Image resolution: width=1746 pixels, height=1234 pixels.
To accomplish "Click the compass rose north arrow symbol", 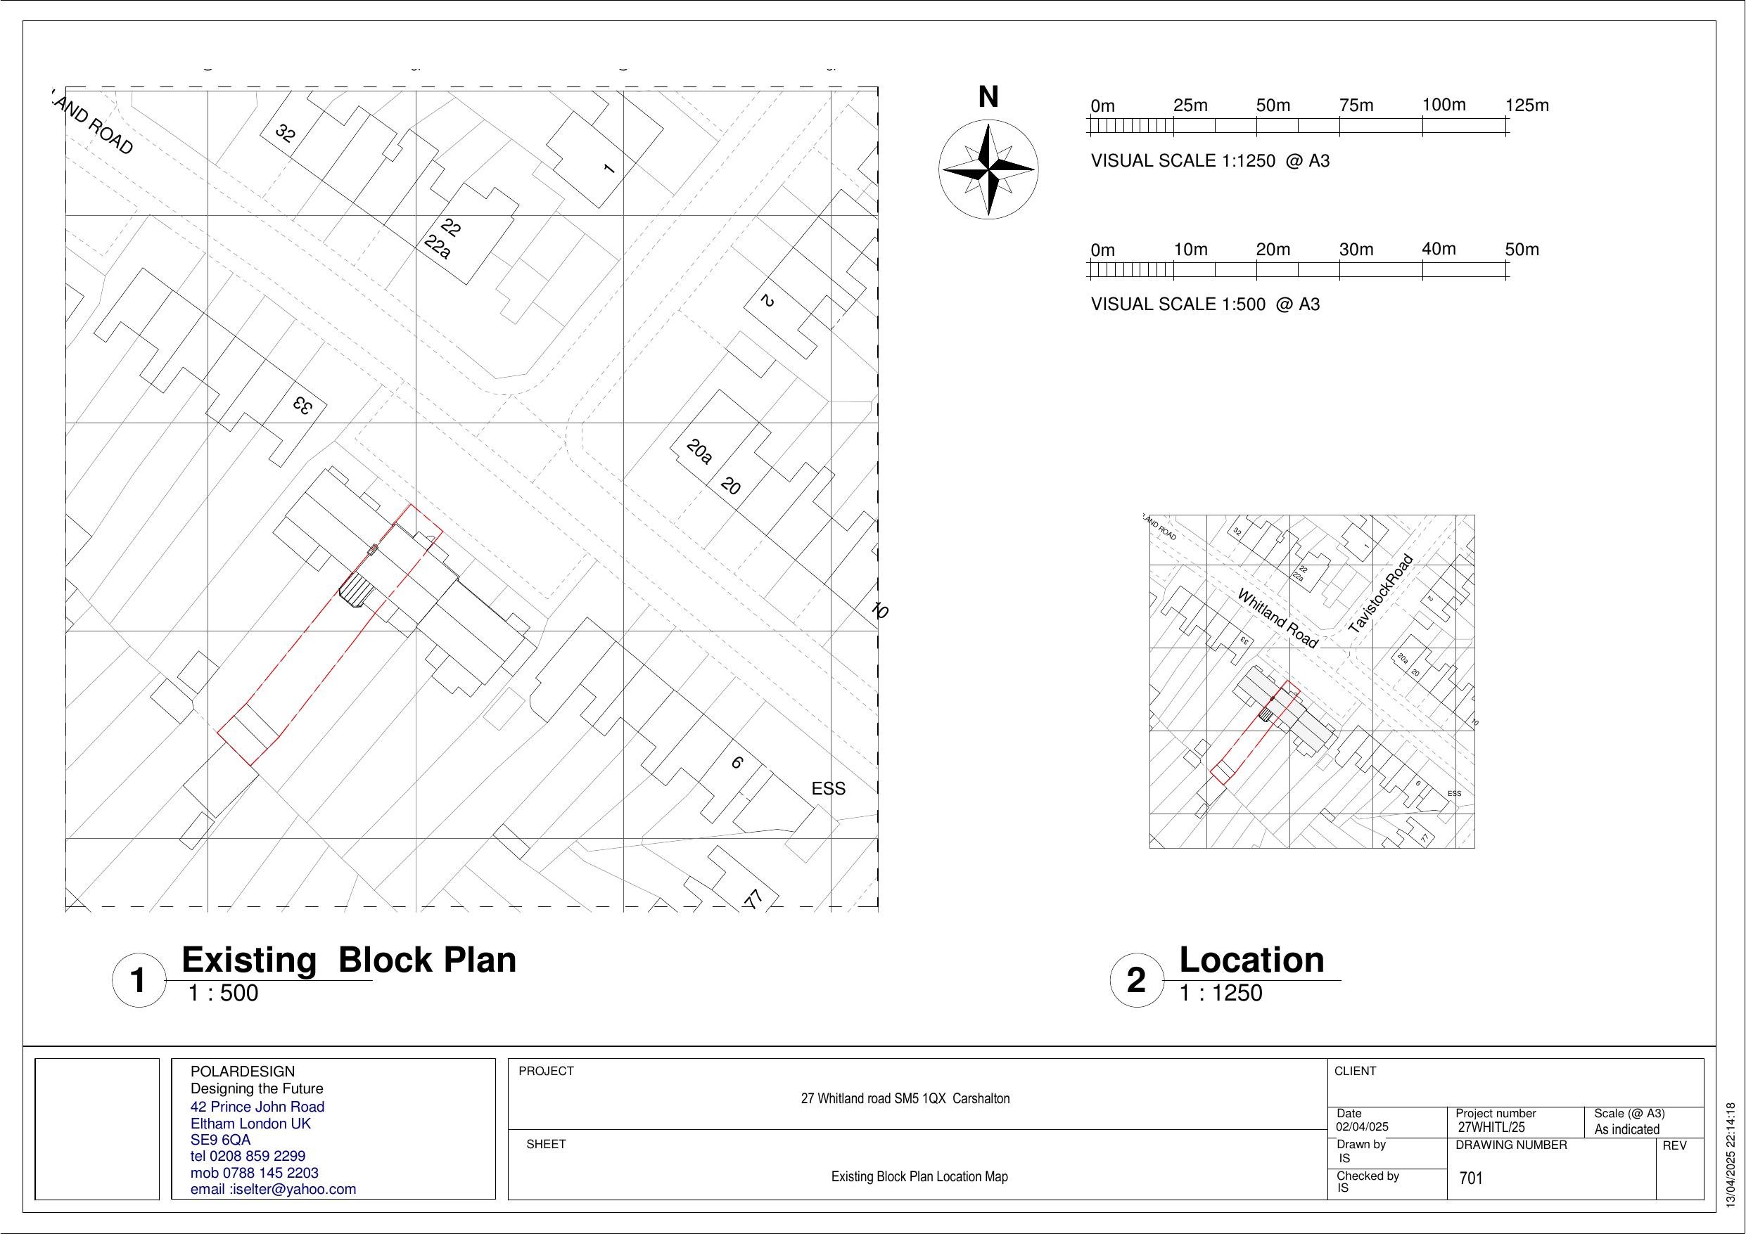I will coord(988,169).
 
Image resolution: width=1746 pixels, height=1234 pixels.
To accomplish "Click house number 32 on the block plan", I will coord(285,134).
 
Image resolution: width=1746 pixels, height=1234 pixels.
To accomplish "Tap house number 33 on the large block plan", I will coord(302,405).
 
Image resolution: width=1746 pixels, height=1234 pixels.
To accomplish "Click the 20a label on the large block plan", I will coord(699,451).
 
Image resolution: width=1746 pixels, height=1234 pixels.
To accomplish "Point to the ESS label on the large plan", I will coord(828,789).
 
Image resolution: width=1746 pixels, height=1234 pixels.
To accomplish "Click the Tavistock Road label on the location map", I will coord(1380,595).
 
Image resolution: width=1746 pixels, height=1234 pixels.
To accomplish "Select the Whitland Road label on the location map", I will coord(1277,618).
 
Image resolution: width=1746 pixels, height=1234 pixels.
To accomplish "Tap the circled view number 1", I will coord(139,981).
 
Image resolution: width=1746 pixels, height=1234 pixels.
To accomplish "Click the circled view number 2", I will coord(1136,981).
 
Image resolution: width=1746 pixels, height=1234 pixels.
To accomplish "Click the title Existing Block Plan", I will coord(348,960).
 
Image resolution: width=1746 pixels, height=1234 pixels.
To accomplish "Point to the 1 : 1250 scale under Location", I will coord(1221,993).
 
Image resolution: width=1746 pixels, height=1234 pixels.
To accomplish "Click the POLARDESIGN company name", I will coord(242,1072).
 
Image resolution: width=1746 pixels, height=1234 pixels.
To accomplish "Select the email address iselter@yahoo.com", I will coord(273,1189).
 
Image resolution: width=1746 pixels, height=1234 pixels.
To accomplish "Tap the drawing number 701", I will coord(1472,1178).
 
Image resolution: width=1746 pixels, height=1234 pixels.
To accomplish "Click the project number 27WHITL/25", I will coord(1491,1129).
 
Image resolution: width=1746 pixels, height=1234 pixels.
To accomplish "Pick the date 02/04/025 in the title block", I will coord(1362,1128).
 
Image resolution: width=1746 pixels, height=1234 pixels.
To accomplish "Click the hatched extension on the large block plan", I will coord(355,590).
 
